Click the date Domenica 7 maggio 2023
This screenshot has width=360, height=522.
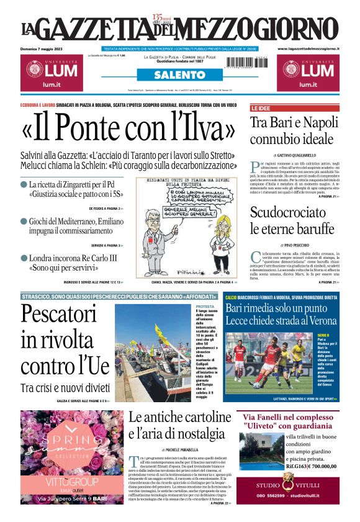tap(45, 48)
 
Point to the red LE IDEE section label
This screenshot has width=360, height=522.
tap(261, 108)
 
